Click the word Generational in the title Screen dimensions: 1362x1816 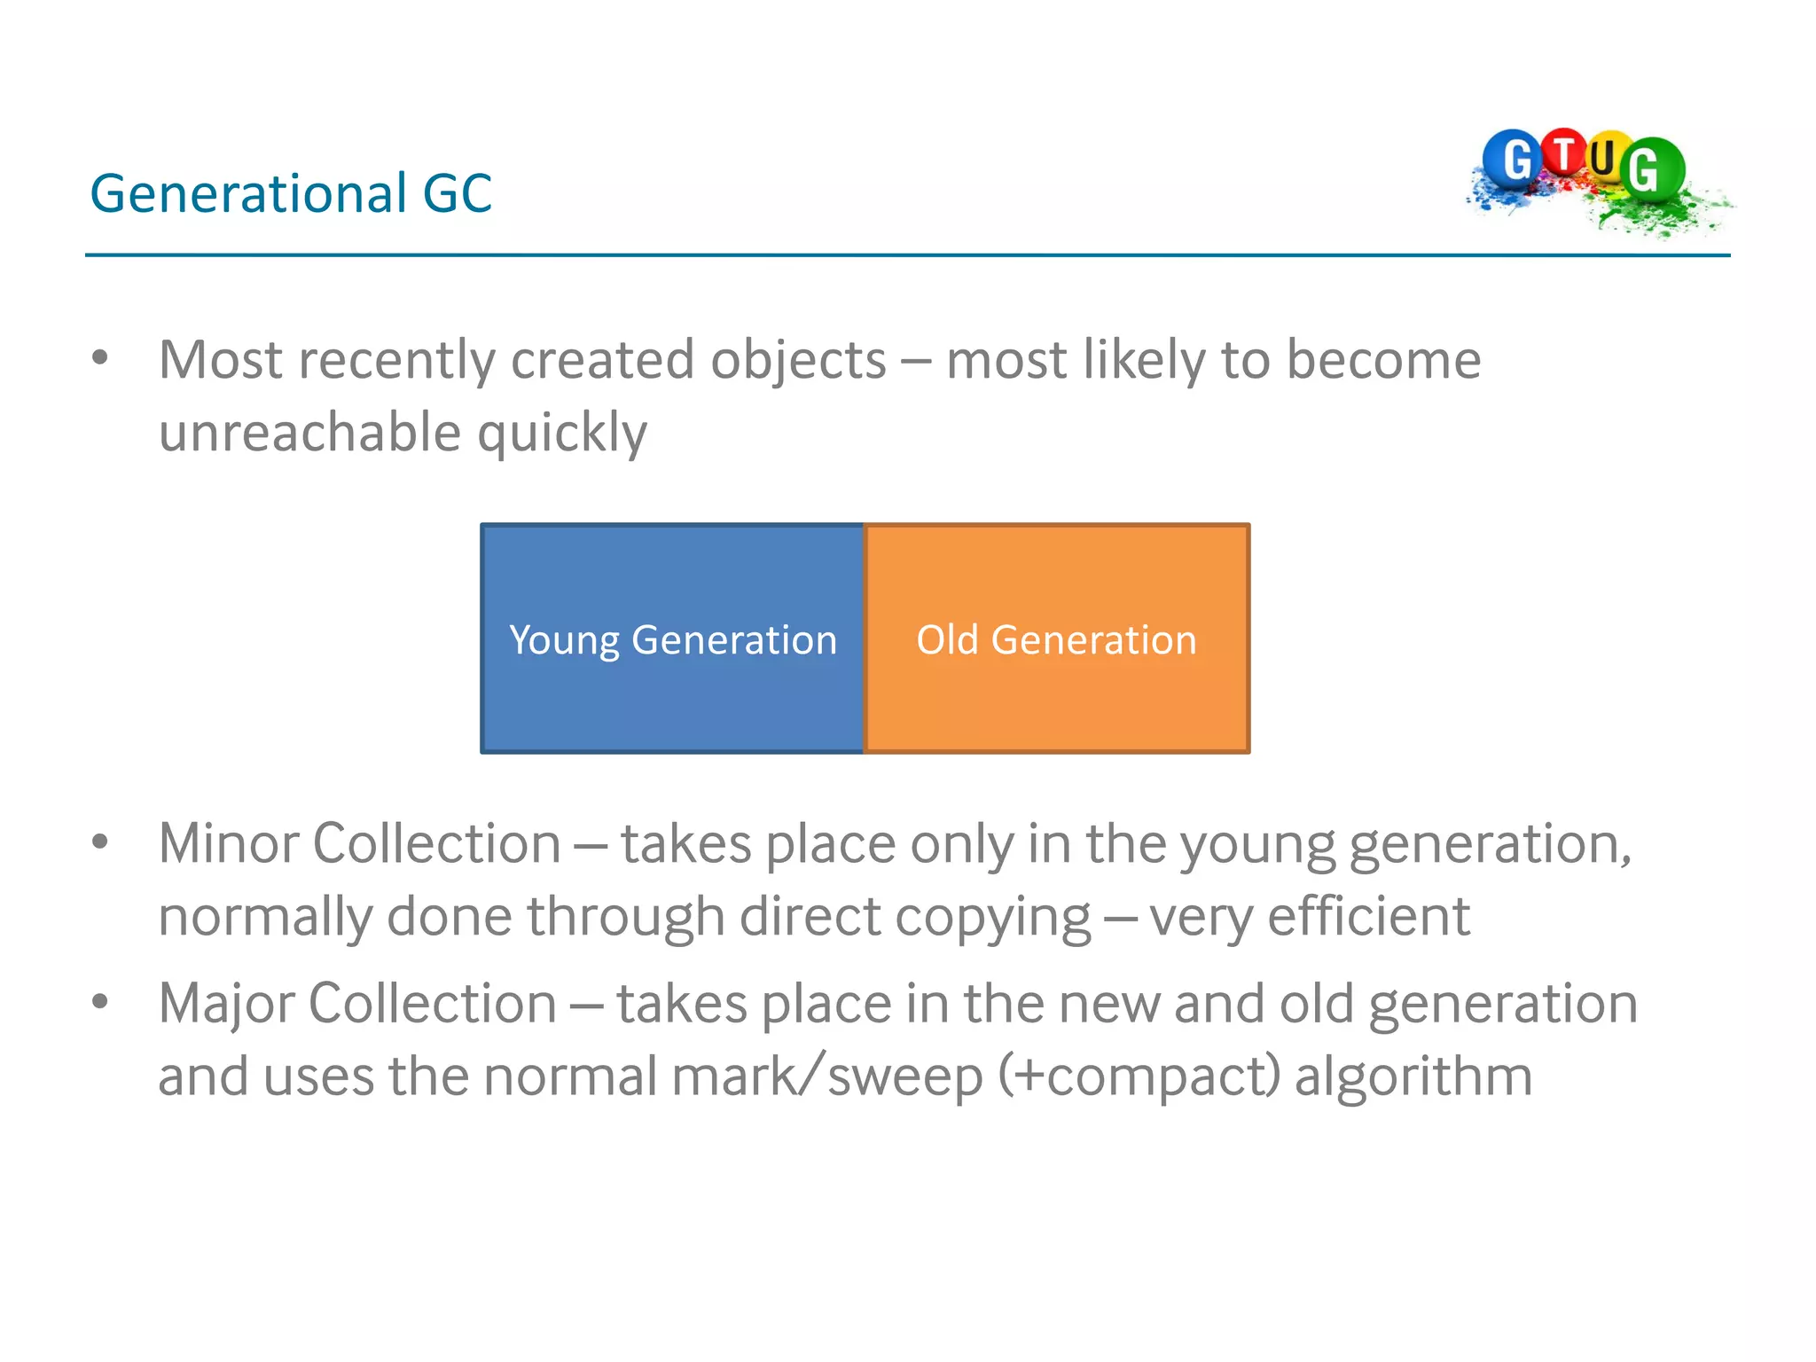[x=248, y=193]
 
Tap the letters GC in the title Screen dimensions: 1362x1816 [x=457, y=193]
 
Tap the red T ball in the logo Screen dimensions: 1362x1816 [x=1565, y=153]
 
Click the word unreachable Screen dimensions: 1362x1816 [x=309, y=433]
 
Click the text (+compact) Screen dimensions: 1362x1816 [x=1139, y=1076]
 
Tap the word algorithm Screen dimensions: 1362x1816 [x=1413, y=1076]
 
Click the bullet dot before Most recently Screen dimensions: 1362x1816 [x=100, y=358]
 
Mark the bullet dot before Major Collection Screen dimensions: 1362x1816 [x=100, y=1002]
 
